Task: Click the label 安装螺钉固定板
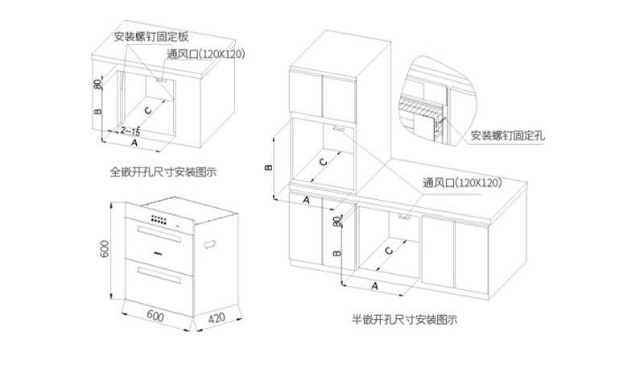click(x=151, y=37)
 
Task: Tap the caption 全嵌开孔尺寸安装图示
click(x=166, y=172)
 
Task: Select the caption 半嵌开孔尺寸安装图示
click(x=405, y=320)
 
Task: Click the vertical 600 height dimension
click(x=104, y=250)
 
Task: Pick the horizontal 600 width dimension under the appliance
click(x=157, y=317)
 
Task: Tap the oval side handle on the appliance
click(x=214, y=242)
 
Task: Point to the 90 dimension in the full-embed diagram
click(x=97, y=83)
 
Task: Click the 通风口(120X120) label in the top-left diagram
click(x=205, y=54)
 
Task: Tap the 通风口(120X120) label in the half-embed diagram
click(x=461, y=184)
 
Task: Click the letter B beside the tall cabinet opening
click(x=270, y=167)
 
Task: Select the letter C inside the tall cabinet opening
click(x=324, y=162)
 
